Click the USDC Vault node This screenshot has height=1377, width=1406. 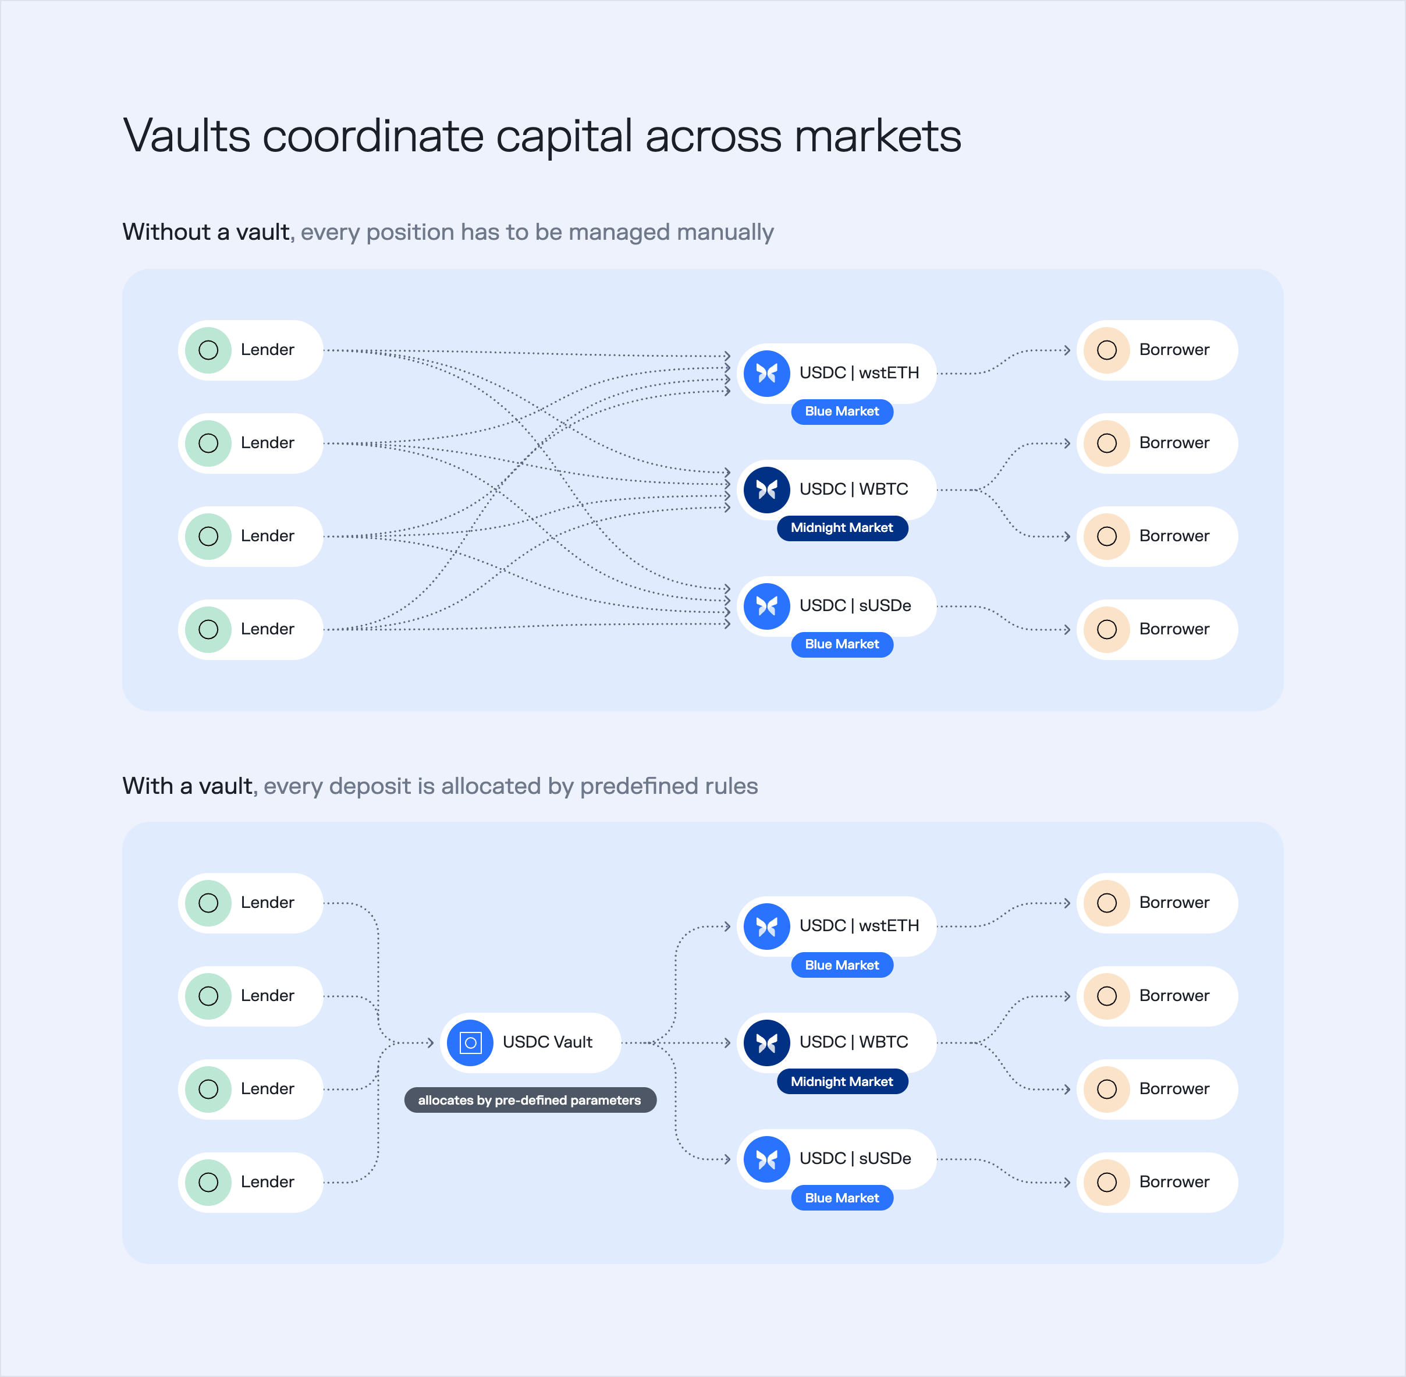tap(530, 1042)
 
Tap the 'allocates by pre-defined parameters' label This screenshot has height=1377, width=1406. tap(530, 1100)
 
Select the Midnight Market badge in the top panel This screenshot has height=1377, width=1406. tap(842, 528)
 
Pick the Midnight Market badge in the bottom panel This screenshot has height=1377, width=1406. tap(842, 1081)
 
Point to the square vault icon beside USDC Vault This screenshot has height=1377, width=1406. tap(470, 1043)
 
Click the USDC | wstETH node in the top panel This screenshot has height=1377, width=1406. tap(836, 373)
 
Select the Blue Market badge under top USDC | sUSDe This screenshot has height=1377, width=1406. tap(842, 644)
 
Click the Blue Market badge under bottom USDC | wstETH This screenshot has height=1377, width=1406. tap(842, 965)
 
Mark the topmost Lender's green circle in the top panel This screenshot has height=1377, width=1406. tap(208, 350)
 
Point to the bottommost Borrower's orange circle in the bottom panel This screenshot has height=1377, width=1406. tap(1106, 1181)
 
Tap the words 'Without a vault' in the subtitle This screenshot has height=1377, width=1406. tap(206, 232)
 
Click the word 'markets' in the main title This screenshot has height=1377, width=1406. tap(878, 136)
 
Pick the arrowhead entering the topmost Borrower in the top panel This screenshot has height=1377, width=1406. tap(1067, 350)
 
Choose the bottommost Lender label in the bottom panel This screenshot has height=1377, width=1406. tap(268, 1181)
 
